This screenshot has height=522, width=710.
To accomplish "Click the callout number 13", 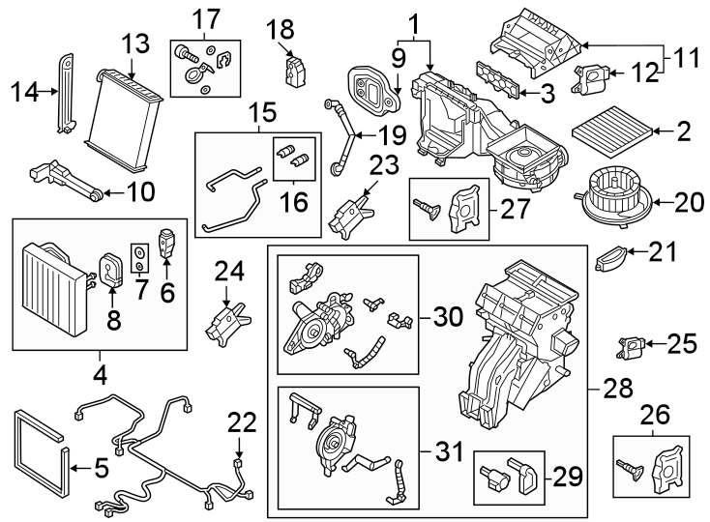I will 136,43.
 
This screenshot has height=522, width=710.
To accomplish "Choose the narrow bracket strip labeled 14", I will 68,92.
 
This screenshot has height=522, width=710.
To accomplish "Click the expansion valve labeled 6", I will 167,243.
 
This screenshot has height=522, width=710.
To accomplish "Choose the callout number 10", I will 139,192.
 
